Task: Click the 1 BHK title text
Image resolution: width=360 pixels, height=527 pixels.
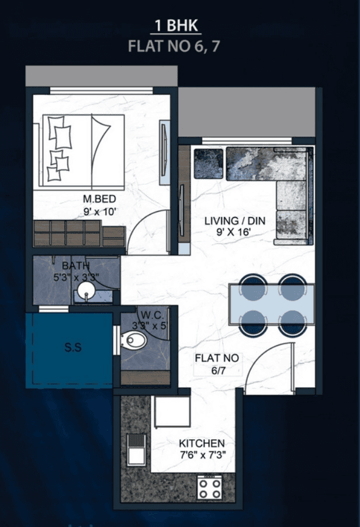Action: pos(174,26)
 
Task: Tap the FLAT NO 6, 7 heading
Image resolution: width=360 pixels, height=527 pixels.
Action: pos(174,46)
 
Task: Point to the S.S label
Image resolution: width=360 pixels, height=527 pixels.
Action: pos(73,347)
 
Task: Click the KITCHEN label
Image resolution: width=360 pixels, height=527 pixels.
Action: pos(202,443)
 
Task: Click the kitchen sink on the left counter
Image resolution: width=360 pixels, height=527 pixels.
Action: pos(137,450)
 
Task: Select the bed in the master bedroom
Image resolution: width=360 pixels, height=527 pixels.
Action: pos(82,150)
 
